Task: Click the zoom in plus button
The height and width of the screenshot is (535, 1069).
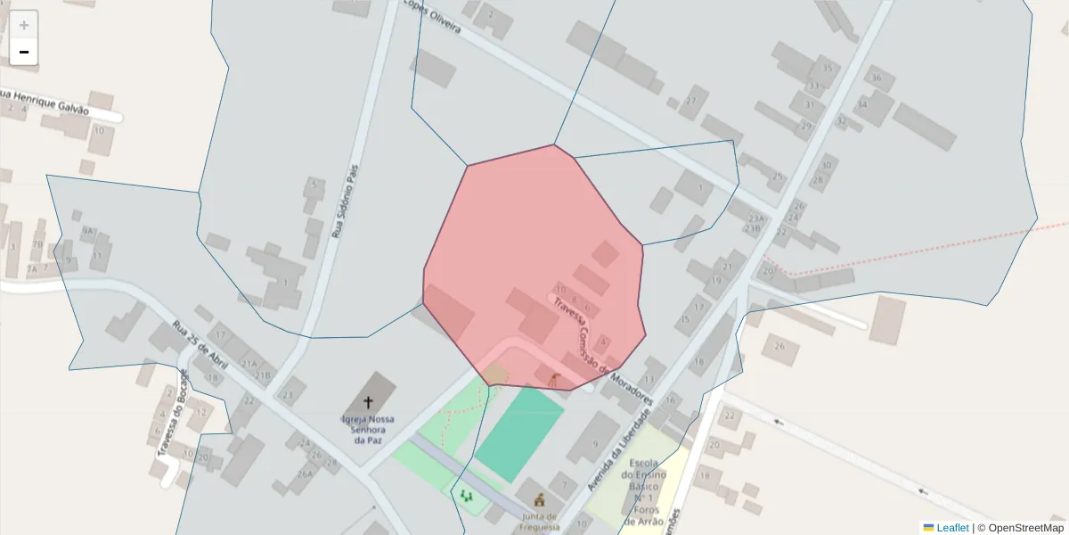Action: point(24,25)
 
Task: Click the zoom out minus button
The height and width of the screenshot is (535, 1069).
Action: point(24,52)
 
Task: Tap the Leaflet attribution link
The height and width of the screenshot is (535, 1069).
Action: point(951,528)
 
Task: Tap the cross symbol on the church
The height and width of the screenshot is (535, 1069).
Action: point(368,402)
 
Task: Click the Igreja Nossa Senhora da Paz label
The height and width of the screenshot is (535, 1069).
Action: point(368,429)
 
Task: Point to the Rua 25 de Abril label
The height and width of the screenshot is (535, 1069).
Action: point(200,346)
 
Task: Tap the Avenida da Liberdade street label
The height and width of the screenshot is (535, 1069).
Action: point(619,450)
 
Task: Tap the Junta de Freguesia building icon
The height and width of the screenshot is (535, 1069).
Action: point(538,500)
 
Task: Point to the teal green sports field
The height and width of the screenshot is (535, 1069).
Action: point(518,434)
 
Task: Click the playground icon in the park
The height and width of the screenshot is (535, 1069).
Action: point(466,495)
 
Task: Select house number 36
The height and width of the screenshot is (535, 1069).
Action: point(876,78)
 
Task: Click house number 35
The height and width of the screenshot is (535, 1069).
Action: point(827,69)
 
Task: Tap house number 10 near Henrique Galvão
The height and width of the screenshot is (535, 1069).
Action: point(98,131)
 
